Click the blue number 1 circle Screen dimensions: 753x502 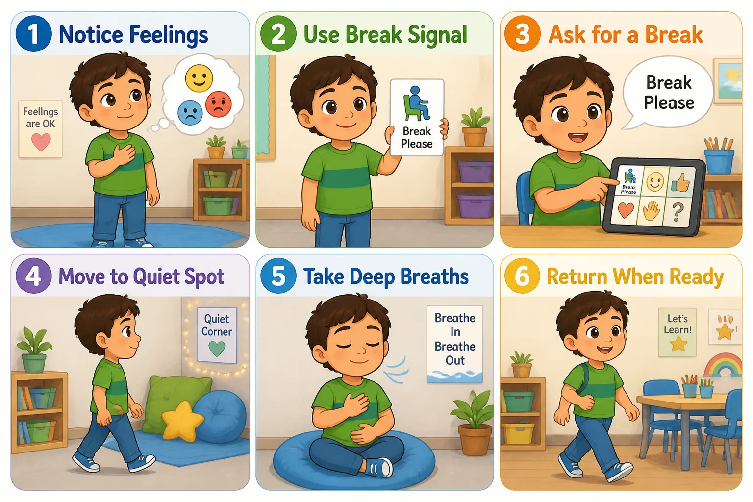[34, 34]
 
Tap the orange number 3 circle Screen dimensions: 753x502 [523, 34]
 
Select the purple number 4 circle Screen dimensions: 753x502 [34, 276]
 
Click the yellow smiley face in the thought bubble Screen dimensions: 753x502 [199, 78]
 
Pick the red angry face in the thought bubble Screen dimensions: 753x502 [219, 104]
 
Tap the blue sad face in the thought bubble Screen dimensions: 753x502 [190, 113]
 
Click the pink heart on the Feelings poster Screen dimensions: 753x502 [41, 142]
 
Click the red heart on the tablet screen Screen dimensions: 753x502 [626, 210]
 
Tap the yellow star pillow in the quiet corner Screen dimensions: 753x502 [182, 420]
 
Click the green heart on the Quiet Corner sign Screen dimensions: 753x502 [217, 349]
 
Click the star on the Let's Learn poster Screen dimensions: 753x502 [678, 344]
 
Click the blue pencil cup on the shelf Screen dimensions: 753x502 [719, 161]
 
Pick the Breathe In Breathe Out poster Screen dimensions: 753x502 [455, 344]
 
